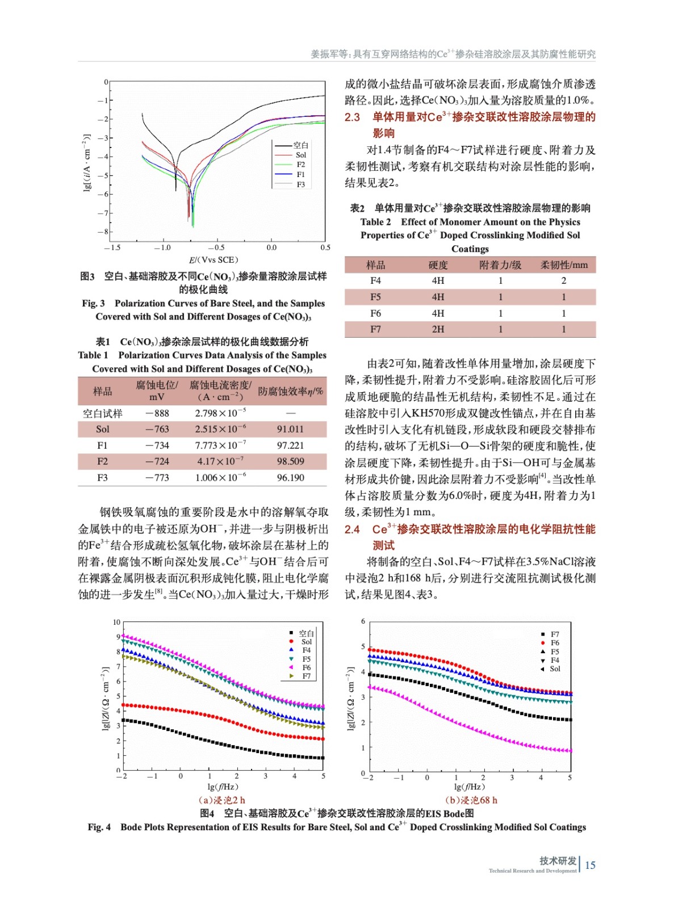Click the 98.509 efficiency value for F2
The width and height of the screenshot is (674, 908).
point(290,461)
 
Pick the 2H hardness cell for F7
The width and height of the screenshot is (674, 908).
point(438,329)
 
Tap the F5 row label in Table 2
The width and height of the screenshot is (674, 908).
point(375,297)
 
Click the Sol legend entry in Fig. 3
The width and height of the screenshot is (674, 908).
point(300,155)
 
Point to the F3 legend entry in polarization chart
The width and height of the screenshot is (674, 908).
point(300,184)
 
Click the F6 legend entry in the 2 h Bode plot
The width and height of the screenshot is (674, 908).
point(307,667)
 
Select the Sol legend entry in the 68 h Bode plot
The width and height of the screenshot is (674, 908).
point(555,669)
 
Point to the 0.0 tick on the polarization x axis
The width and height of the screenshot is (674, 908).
point(272,247)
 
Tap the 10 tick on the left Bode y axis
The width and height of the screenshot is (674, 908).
point(116,622)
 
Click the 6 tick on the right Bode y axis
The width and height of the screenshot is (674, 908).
point(363,621)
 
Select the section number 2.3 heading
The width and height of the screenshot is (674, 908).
point(352,117)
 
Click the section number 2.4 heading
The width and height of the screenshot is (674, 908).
point(352,529)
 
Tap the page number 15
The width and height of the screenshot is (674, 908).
point(591,865)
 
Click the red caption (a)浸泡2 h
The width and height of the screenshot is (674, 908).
point(221,800)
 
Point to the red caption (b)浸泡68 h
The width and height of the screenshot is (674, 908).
point(471,800)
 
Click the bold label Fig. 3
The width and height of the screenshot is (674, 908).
point(93,303)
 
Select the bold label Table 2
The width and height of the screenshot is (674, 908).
point(375,222)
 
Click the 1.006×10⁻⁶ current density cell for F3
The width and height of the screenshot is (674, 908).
point(220,478)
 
